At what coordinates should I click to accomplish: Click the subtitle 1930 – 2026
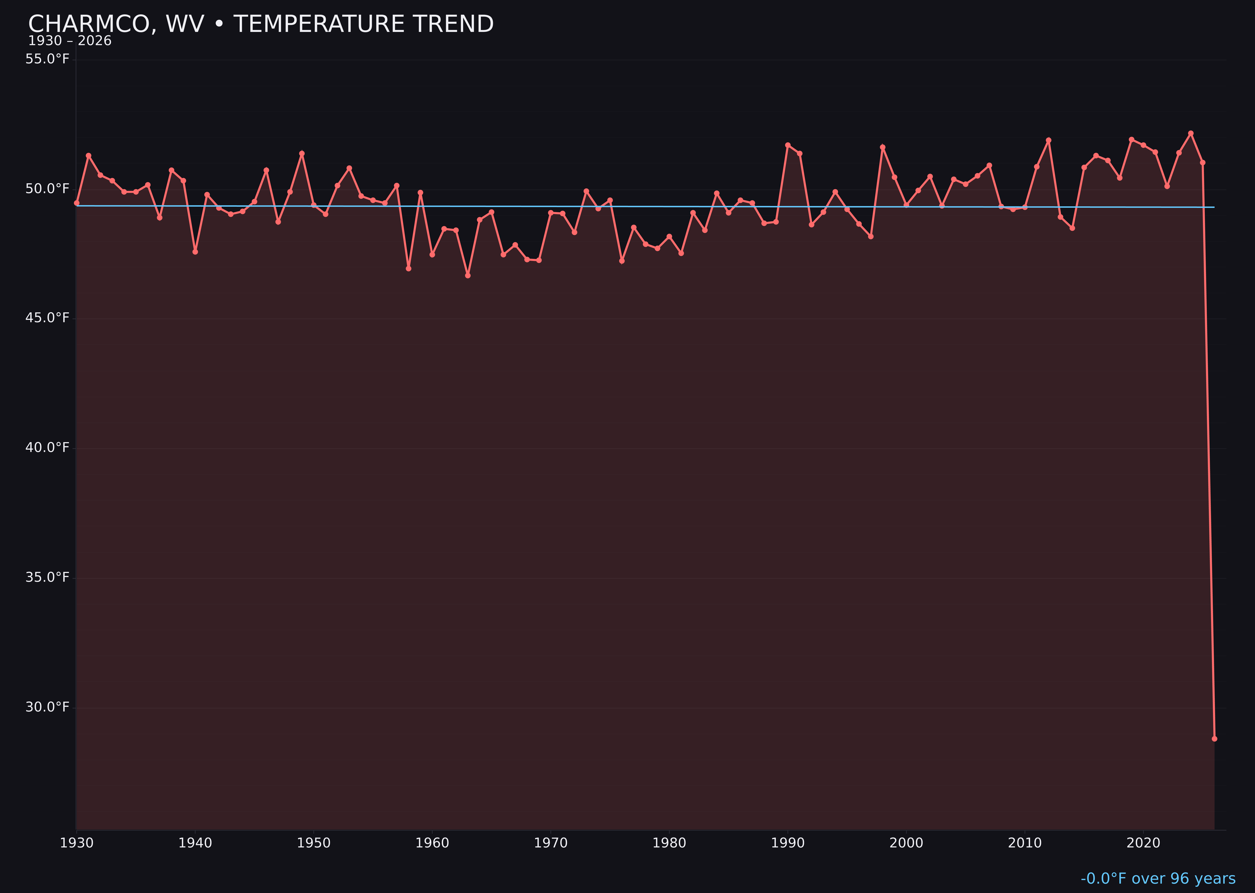(70, 41)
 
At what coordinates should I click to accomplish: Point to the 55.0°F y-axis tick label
(47, 59)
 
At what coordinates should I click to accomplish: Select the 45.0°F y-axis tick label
(47, 318)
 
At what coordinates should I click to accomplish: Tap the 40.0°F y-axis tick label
(47, 448)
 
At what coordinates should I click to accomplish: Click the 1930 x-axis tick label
(76, 843)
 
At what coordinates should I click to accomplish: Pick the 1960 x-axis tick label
(432, 843)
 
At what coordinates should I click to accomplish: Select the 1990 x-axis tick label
(788, 843)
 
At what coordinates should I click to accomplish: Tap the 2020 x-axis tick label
(1143, 843)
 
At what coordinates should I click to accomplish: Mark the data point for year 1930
(76, 203)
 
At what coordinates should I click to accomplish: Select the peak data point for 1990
(788, 145)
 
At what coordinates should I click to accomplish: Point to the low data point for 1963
(467, 275)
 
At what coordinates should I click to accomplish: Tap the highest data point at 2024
(1191, 133)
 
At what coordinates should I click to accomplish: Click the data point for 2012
(1049, 140)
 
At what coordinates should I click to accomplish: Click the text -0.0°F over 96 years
(1158, 879)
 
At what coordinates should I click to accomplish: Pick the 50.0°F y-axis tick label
(47, 189)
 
